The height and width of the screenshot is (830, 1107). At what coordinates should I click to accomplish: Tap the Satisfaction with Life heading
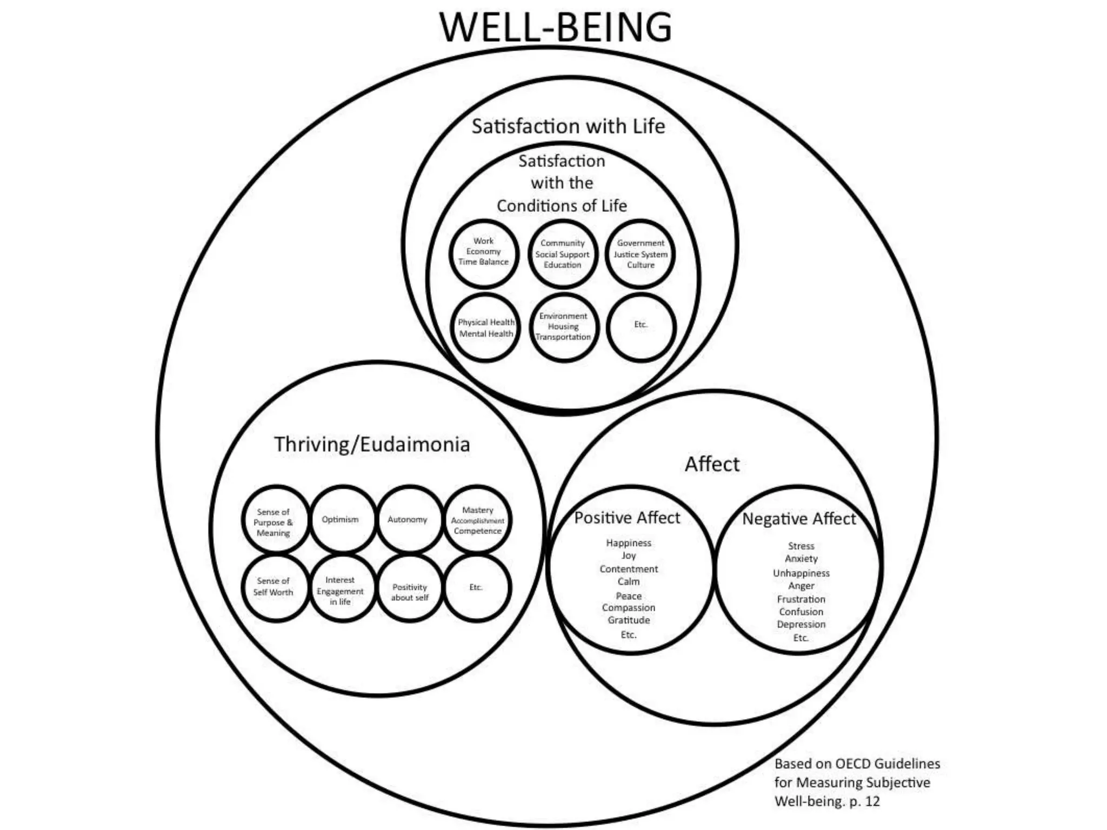[x=568, y=126]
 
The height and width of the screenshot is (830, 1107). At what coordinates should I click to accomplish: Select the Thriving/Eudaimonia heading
[x=372, y=444]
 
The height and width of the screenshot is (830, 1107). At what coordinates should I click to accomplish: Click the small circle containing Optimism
[x=341, y=520]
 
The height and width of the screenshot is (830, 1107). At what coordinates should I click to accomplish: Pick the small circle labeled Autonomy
[x=408, y=520]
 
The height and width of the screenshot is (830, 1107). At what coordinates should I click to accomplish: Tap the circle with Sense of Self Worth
[x=275, y=587]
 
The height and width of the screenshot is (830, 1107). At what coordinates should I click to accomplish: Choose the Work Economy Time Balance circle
[x=483, y=253]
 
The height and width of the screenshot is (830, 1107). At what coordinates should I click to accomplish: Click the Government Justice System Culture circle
[x=641, y=254]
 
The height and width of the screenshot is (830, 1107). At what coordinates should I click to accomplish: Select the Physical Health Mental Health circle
[x=485, y=327]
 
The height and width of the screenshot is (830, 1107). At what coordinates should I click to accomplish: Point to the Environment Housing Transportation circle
[x=563, y=327]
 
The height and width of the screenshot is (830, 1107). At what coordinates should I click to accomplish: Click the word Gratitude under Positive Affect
[x=629, y=620]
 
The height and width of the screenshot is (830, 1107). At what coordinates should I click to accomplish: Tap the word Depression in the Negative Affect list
[x=801, y=624]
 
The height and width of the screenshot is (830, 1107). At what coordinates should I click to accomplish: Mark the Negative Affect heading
[x=799, y=519]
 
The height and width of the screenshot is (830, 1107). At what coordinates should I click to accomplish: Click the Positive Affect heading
[x=627, y=518]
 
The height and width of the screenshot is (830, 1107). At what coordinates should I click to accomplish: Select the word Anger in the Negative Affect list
[x=801, y=586]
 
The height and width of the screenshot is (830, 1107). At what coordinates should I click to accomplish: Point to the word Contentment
[x=629, y=569]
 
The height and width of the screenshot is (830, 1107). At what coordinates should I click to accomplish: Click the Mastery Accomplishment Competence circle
[x=477, y=520]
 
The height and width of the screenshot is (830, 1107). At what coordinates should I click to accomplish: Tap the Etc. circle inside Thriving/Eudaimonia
[x=477, y=587]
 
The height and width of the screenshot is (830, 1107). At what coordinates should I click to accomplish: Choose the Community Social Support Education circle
[x=563, y=254]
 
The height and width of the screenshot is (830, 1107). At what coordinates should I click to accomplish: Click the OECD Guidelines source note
[x=857, y=782]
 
